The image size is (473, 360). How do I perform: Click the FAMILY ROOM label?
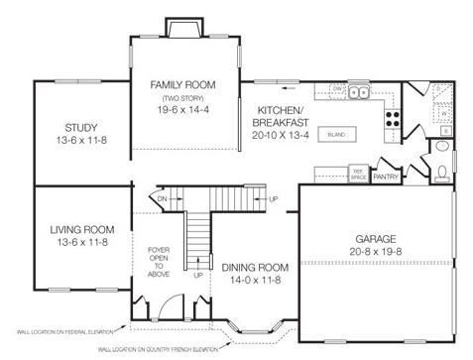(x=184, y=85)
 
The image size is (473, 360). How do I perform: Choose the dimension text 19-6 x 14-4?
(x=184, y=112)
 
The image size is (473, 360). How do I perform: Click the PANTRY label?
(x=385, y=179)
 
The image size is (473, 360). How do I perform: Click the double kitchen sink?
(x=358, y=91)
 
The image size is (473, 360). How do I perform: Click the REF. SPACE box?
(x=358, y=174)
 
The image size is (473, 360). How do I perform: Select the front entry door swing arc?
(x=174, y=304)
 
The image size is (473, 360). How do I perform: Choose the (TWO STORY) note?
(x=183, y=99)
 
